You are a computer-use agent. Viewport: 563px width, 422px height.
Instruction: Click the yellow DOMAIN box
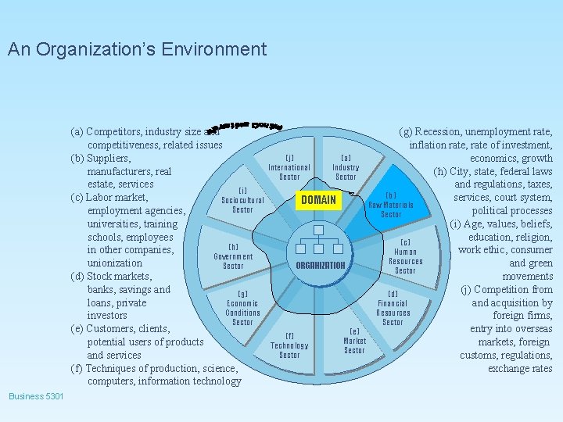(318, 200)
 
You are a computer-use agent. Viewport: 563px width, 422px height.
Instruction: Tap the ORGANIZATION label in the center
(321, 265)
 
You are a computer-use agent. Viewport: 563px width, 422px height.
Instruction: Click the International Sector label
(289, 167)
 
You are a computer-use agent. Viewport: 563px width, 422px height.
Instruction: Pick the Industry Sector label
(346, 167)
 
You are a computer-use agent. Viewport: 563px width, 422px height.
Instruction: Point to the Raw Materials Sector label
(391, 205)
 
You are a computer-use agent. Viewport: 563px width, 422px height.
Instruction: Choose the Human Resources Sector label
(405, 256)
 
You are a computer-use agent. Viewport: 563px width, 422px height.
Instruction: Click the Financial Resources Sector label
(393, 308)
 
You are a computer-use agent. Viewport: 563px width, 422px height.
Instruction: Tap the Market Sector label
(354, 341)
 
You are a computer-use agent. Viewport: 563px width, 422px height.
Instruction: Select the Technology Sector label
(289, 345)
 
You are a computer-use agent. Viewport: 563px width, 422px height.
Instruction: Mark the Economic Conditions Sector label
(242, 308)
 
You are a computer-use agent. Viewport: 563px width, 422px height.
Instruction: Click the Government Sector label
(233, 256)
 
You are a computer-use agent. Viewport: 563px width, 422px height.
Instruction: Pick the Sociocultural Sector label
(242, 200)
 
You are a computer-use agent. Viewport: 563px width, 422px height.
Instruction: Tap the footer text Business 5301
(37, 396)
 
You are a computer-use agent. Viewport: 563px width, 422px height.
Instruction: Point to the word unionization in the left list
(114, 263)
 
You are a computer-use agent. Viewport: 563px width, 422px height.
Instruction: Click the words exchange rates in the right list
(520, 368)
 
